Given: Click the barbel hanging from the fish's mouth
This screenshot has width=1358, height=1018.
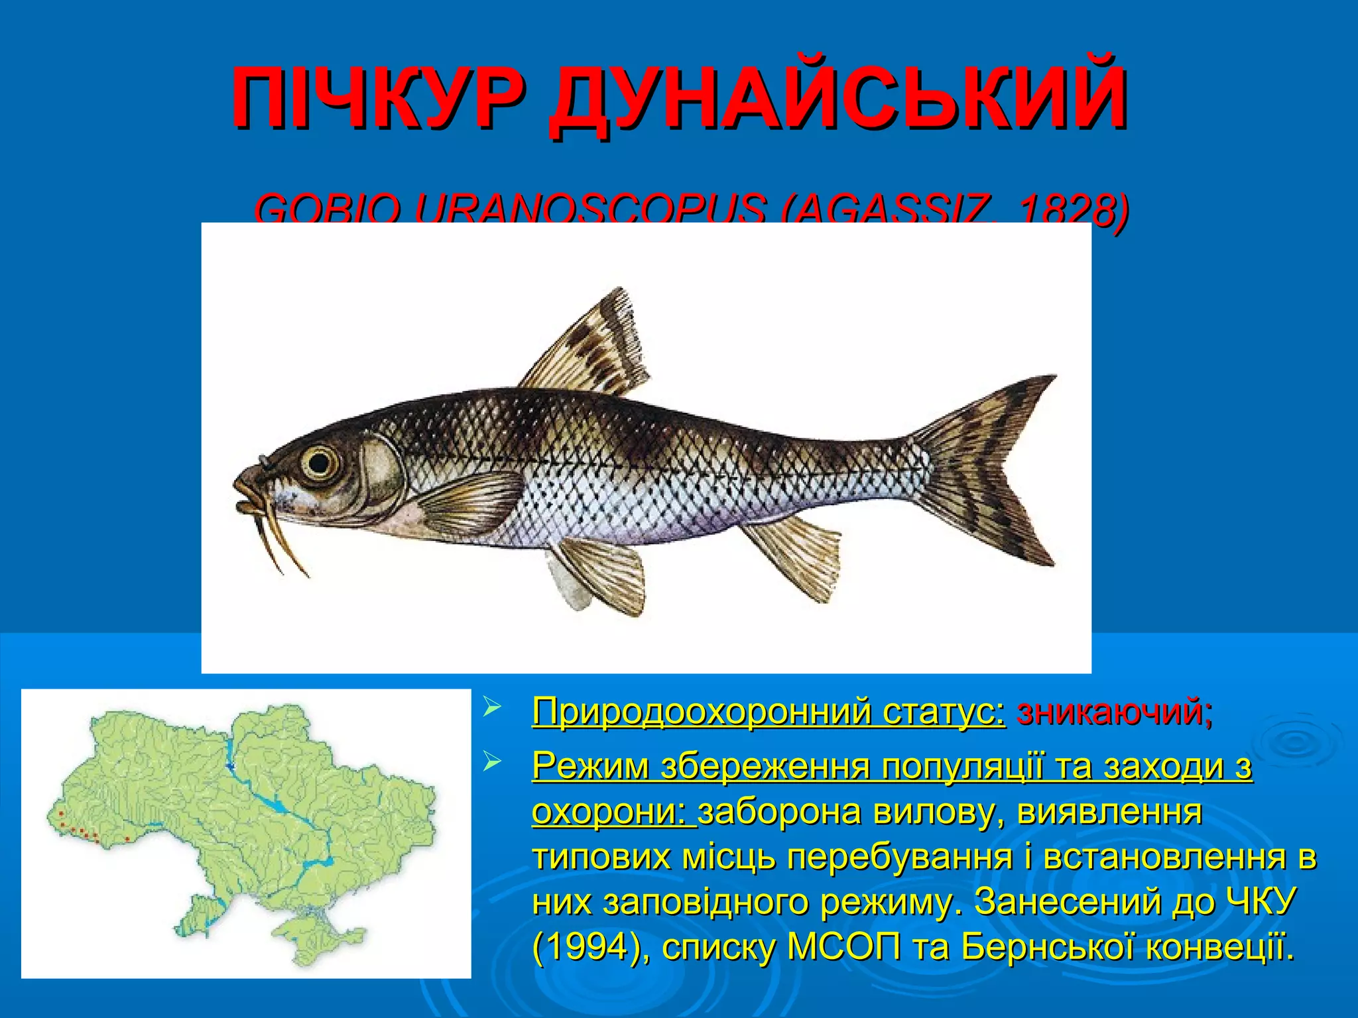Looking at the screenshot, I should [278, 537].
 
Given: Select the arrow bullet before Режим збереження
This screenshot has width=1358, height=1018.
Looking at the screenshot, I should [492, 764].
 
